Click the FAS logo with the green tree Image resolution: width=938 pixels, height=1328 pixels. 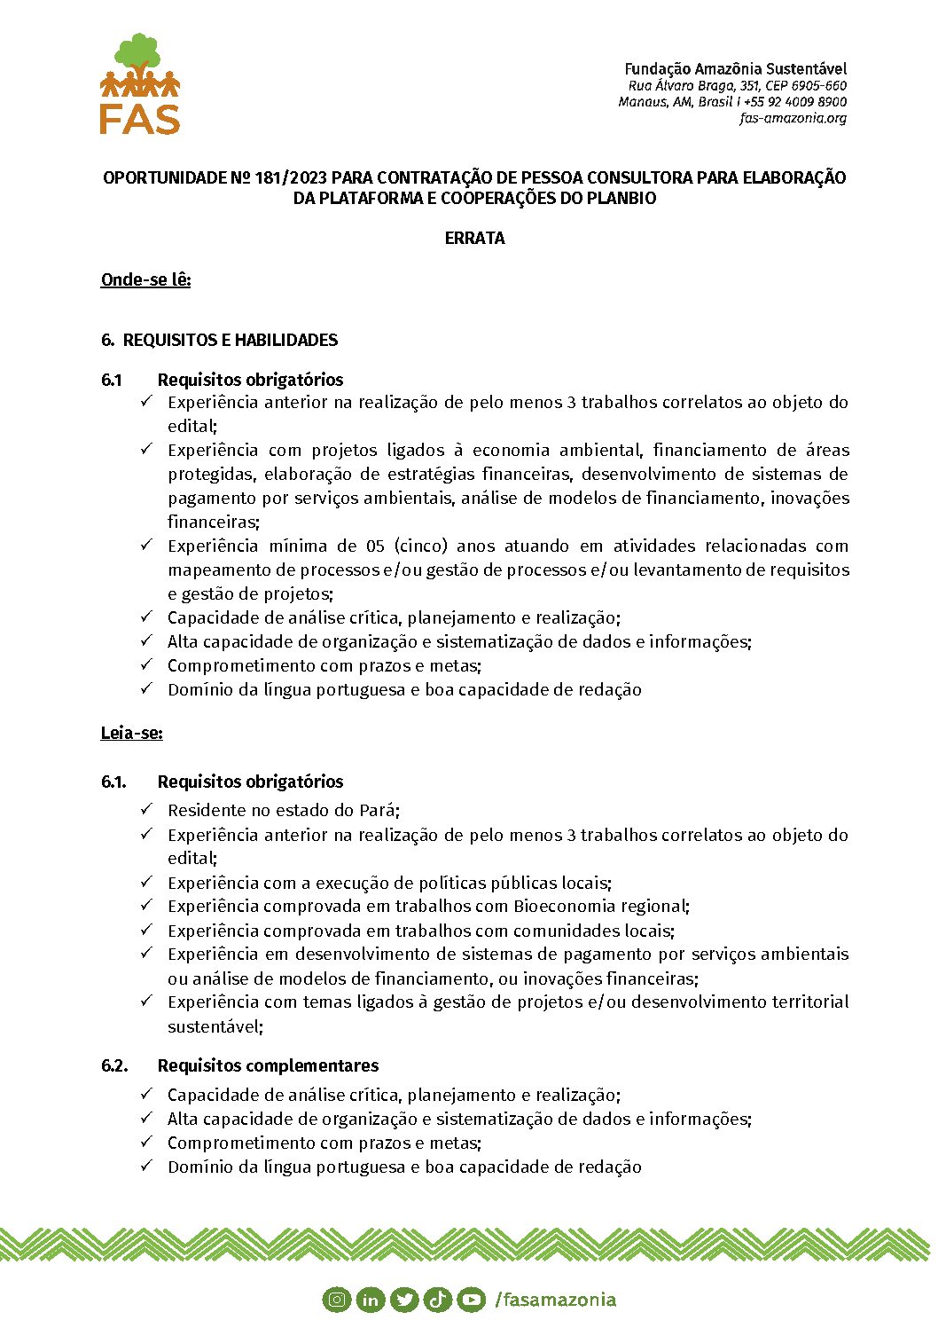(x=140, y=84)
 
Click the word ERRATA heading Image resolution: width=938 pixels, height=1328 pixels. (x=474, y=238)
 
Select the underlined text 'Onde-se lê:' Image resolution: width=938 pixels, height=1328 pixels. (x=146, y=279)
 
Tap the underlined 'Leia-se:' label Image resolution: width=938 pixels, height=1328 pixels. (x=132, y=733)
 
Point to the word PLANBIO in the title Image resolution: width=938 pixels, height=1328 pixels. (x=621, y=198)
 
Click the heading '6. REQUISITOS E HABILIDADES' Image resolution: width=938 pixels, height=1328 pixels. (x=220, y=340)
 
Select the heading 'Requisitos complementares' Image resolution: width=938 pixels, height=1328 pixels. (x=268, y=1065)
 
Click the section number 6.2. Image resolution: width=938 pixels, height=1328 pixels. (x=114, y=1065)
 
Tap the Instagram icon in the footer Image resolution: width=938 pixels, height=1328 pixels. (x=337, y=1300)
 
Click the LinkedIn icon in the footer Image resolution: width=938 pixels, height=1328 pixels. (x=371, y=1300)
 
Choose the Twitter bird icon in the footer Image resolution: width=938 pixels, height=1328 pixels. (x=404, y=1300)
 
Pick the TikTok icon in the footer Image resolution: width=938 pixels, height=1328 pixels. (x=438, y=1300)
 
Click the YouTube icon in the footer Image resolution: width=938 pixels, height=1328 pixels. (x=472, y=1300)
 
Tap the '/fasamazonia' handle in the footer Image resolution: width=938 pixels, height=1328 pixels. (x=556, y=1300)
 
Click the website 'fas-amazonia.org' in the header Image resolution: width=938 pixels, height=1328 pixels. (x=793, y=118)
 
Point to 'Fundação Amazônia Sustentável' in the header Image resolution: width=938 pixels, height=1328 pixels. (x=735, y=68)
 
